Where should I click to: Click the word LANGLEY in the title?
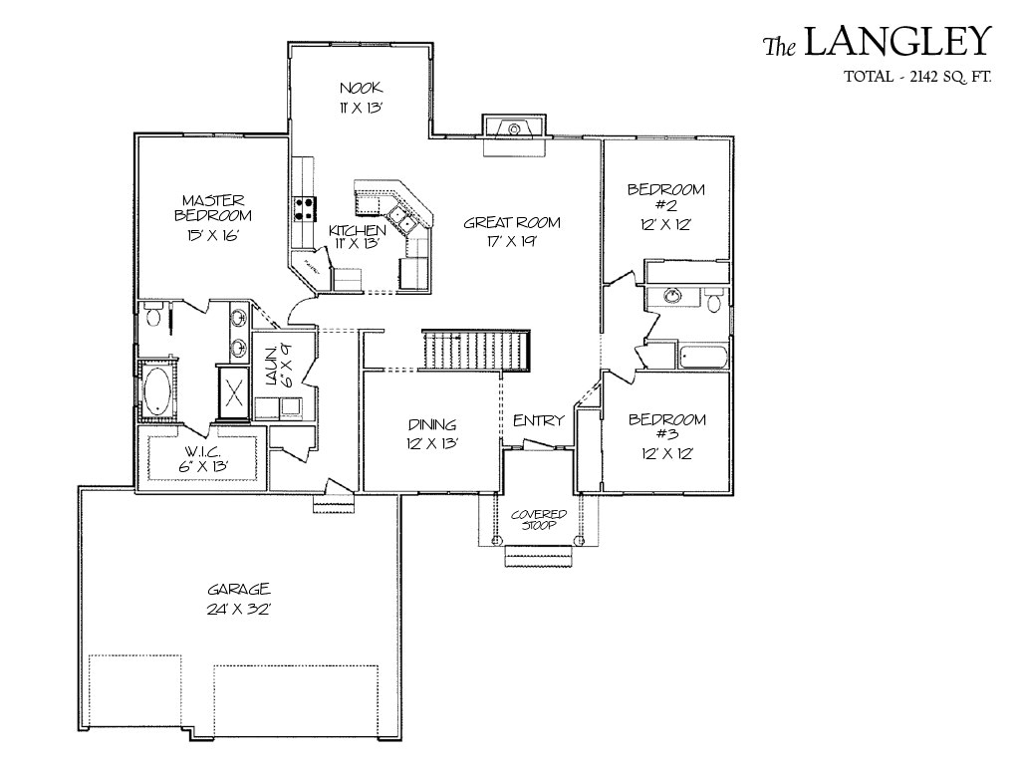click(x=897, y=42)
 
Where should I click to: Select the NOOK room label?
click(x=360, y=88)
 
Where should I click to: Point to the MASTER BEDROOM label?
click(x=213, y=207)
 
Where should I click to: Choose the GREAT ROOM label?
click(x=512, y=223)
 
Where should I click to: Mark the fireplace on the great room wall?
click(x=513, y=128)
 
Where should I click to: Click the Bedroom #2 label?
click(x=665, y=197)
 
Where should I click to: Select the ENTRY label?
click(x=539, y=420)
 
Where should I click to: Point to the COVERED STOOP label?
click(x=539, y=519)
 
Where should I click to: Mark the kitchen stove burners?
click(x=304, y=208)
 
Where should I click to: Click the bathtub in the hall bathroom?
click(x=702, y=356)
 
